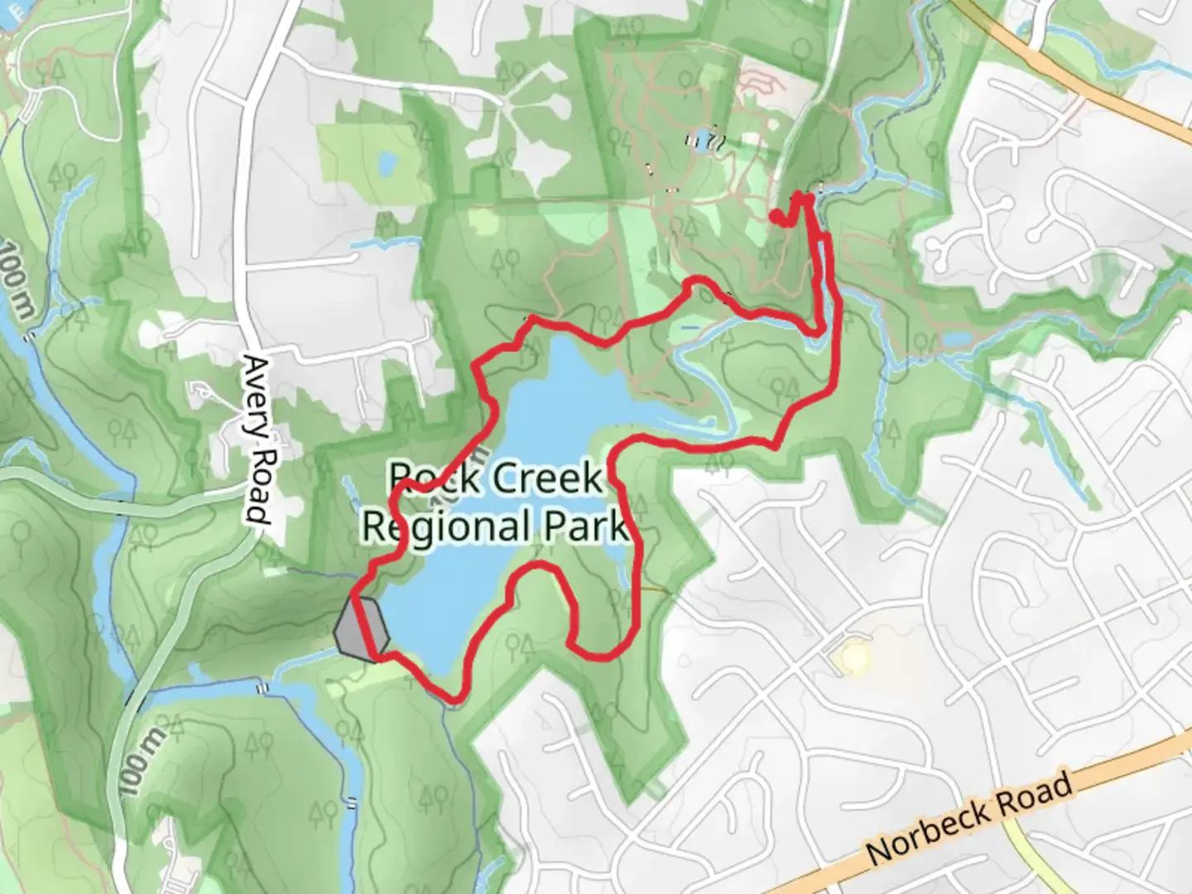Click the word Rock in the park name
(423, 478)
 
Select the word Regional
(446, 526)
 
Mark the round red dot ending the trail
(776, 216)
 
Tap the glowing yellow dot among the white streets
(853, 659)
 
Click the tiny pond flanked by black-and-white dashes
(703, 141)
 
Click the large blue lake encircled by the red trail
(546, 397)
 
